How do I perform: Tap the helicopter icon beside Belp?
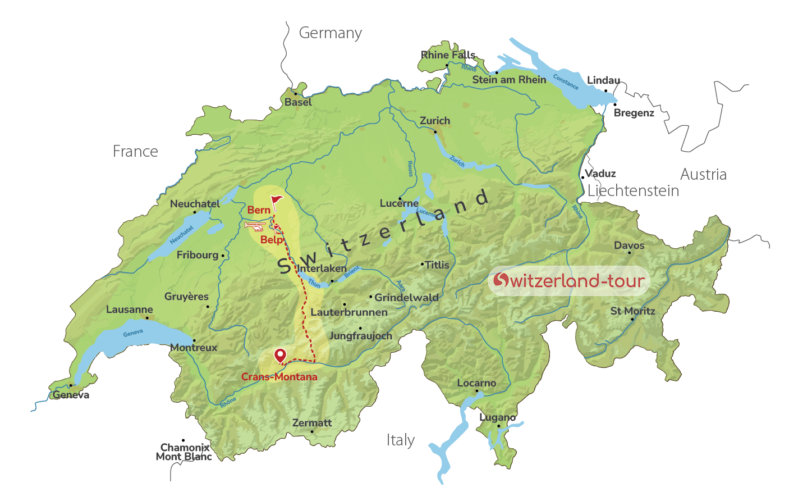(x=255, y=226)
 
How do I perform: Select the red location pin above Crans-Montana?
(x=279, y=356)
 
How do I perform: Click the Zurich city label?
(x=435, y=121)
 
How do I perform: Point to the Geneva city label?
(x=71, y=395)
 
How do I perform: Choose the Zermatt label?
(x=312, y=423)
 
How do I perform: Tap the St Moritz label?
(x=632, y=311)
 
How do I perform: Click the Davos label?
(x=629, y=245)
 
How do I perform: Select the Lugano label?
(x=497, y=417)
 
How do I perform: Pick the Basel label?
(x=298, y=102)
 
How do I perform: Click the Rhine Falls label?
(x=448, y=55)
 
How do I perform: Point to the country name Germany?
(x=330, y=33)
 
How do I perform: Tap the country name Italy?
(x=400, y=440)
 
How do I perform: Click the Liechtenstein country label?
(x=633, y=191)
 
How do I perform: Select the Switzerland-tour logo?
(x=568, y=280)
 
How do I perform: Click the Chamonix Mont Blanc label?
(x=184, y=452)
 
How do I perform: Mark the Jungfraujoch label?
(x=360, y=336)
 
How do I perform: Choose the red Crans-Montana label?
(x=279, y=377)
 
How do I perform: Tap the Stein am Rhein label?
(x=509, y=80)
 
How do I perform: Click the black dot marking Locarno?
(x=477, y=391)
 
